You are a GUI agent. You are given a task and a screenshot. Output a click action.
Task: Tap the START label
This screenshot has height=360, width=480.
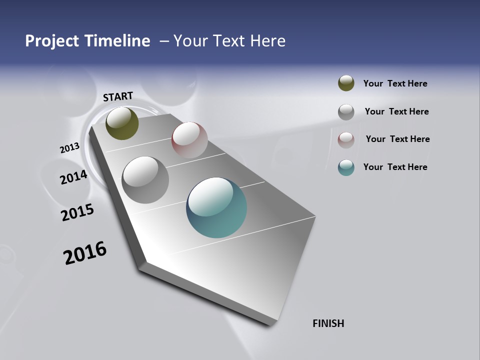tap(118, 96)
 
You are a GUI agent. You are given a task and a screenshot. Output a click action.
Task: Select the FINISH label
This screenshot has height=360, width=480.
tap(328, 323)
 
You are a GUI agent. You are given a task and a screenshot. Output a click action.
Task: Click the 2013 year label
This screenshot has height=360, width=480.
tap(69, 148)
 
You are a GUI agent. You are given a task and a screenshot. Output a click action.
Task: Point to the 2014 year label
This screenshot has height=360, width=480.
tap(74, 177)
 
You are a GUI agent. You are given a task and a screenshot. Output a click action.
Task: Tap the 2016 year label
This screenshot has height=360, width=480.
tap(85, 253)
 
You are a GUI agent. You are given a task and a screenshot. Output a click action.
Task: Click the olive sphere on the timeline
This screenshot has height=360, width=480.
tap(122, 123)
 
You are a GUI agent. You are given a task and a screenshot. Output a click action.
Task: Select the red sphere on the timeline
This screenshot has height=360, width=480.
tap(189, 139)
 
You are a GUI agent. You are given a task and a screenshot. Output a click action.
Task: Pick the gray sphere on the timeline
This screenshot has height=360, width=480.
tap(145, 179)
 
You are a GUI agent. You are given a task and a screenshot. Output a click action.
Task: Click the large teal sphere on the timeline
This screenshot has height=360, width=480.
tap(216, 207)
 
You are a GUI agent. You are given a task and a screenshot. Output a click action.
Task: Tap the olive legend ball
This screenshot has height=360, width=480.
tap(346, 83)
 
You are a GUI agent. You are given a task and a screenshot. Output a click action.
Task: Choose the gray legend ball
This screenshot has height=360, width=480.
tap(346, 112)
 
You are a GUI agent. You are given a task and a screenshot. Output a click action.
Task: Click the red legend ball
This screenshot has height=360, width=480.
tap(346, 140)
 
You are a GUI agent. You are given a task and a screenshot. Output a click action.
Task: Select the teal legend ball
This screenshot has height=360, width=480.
tap(346, 167)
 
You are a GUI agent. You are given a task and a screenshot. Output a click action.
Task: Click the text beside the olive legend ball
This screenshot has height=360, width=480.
tap(395, 83)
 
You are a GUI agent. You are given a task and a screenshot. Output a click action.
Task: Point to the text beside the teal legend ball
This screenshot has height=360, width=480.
tap(395, 167)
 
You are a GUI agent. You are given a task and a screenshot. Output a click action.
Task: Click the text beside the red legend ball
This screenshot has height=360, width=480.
tap(397, 139)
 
